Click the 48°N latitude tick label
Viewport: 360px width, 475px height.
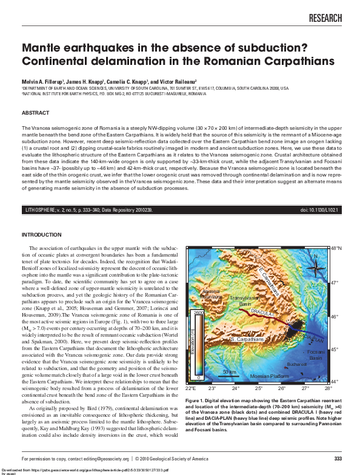[337, 249]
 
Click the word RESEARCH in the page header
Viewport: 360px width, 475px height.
[325, 19]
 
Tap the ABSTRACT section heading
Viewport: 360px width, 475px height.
[35, 113]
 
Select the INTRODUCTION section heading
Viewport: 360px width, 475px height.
[42, 234]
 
